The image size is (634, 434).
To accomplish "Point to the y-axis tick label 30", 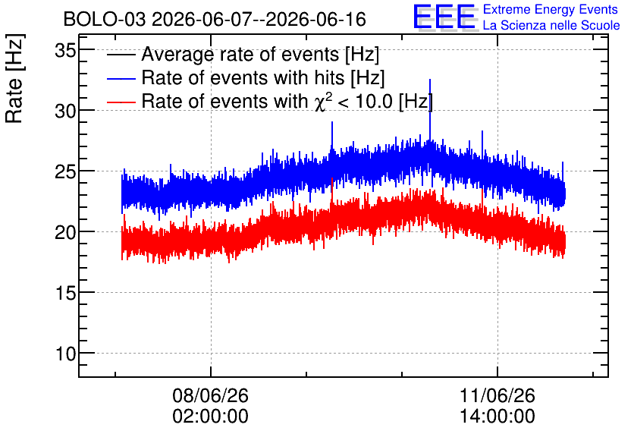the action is (65, 111).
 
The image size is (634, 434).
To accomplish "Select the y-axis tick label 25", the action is (65, 171).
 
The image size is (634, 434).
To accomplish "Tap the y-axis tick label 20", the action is (65, 232).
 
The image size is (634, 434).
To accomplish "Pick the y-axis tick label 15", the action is (65, 293).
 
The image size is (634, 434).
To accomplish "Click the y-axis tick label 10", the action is (65, 354).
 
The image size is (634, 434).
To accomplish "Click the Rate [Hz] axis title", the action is (15, 79).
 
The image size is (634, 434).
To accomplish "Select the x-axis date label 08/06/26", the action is (210, 395).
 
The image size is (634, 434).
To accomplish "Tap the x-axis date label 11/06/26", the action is (497, 395).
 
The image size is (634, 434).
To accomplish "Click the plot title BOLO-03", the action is (105, 19).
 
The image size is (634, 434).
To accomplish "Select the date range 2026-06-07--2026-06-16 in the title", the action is (259, 19).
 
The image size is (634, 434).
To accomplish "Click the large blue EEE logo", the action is (444, 17).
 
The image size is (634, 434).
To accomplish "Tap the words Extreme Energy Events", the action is (551, 9).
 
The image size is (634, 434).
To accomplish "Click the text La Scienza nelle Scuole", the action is (551, 25).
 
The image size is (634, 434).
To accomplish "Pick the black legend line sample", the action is (121, 54).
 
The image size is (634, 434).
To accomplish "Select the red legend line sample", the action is (121, 102).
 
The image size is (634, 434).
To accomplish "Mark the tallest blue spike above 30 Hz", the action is (430, 109).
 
